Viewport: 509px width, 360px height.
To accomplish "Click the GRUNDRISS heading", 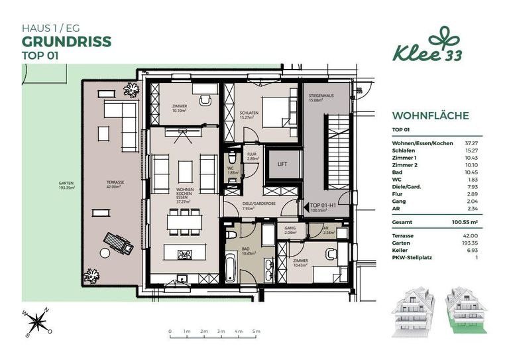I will tap(66, 42).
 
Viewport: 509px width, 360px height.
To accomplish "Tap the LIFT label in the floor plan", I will tap(282, 162).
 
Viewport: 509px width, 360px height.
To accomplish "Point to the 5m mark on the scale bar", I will tap(256, 330).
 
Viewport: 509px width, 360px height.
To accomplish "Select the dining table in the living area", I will tap(184, 221).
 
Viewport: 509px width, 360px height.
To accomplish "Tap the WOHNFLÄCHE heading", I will tap(431, 115).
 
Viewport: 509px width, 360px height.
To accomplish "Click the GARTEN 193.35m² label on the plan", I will tap(65, 186).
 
